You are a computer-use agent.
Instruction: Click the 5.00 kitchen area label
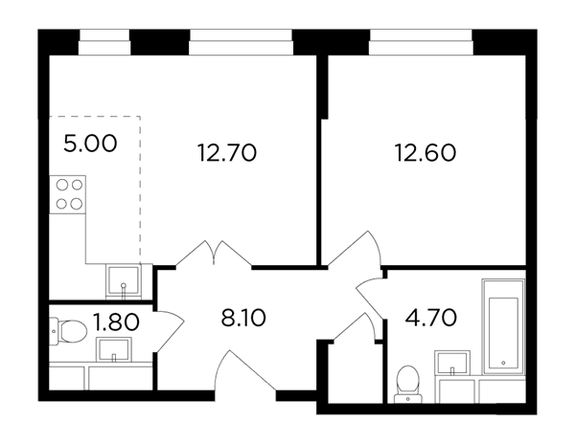90,144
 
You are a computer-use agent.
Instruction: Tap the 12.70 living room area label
227,153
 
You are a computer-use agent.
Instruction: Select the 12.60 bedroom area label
425,153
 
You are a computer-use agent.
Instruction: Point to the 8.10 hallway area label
243,318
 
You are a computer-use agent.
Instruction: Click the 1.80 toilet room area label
116,322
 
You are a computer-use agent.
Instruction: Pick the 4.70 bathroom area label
431,317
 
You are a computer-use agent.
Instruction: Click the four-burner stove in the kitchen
68,194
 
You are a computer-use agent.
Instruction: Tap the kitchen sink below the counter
124,280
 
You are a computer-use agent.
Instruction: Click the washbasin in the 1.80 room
114,349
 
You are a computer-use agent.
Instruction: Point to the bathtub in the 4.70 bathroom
503,327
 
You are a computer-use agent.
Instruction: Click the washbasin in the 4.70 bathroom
452,363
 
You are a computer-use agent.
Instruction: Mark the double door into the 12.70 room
214,254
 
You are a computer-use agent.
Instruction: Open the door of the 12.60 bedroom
355,249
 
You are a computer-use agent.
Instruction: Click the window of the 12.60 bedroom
421,42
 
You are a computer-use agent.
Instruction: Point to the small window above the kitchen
104,42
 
